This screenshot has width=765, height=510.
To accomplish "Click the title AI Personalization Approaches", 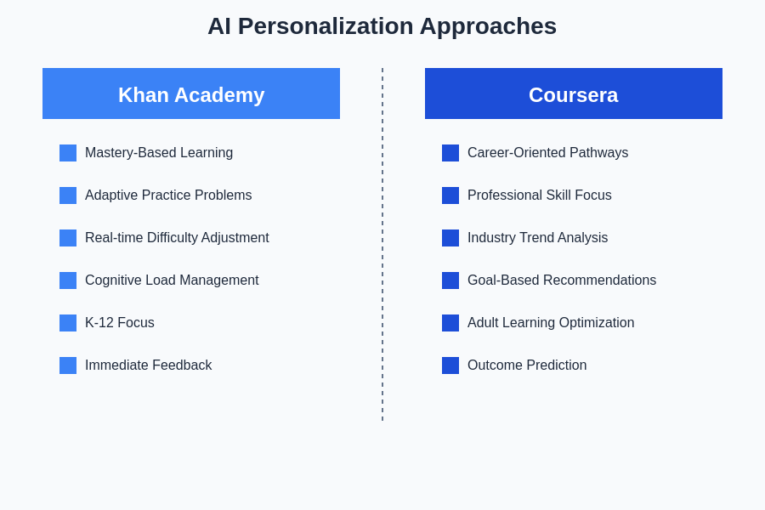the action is (382, 26).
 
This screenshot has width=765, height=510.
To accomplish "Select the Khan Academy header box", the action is (191, 93).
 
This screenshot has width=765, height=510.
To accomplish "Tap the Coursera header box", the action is (574, 93).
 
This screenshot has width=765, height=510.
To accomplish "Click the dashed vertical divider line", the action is (382, 244).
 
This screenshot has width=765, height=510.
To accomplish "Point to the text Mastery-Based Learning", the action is (159, 153).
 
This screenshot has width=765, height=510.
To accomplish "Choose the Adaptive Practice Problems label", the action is (168, 195).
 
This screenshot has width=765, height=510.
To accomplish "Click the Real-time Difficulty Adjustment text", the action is (177, 238).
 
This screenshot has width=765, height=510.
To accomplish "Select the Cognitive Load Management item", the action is (172, 280).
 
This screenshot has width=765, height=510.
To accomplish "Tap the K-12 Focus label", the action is (120, 323).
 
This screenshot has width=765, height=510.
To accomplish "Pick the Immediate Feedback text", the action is (148, 365).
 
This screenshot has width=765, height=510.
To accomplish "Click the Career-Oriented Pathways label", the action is (548, 153).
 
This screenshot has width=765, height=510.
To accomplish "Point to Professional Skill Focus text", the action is (540, 195).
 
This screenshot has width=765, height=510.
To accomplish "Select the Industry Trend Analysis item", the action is (538, 238).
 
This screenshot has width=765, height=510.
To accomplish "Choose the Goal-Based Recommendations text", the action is (562, 280).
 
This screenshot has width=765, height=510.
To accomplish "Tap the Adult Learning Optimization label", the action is (551, 323).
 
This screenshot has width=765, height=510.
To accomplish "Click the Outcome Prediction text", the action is (527, 365).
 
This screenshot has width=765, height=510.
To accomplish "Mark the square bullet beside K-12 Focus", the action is (68, 323).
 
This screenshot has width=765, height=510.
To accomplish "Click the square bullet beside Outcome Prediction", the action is (450, 365).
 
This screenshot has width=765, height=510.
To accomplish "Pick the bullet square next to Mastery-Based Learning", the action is (68, 153).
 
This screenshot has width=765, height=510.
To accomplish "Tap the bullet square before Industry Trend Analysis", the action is (450, 238).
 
